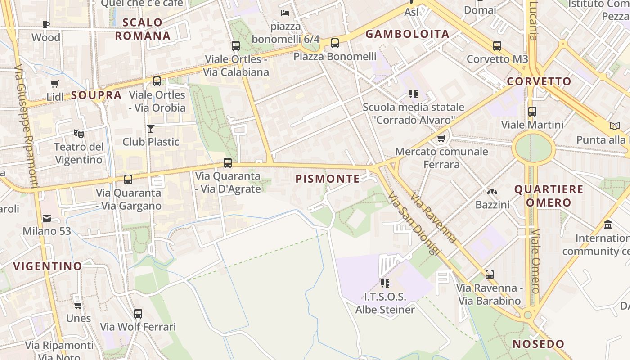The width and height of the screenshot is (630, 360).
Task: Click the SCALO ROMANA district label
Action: pos(143,29)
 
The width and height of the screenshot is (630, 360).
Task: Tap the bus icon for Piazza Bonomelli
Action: pos(334,43)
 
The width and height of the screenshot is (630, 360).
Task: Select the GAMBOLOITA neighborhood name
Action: pos(407,34)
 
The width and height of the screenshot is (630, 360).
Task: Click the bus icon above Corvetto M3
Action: pos(497,46)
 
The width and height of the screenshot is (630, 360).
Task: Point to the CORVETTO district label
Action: pos(539,81)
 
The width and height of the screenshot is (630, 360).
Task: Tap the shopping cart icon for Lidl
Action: pos(55,84)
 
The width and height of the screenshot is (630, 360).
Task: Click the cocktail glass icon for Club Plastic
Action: pos(151,129)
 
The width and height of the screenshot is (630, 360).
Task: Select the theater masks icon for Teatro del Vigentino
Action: pos(79,133)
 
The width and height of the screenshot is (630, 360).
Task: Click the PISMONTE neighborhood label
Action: pos(328,179)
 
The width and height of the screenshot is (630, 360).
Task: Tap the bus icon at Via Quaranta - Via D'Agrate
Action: pos(228,163)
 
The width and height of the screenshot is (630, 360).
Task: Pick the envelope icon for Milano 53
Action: pos(47,219)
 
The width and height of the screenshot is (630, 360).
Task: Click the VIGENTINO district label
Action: pos(47,266)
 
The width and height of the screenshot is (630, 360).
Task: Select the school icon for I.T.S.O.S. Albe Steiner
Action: pos(385,283)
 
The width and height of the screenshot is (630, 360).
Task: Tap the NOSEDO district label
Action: pos(538,344)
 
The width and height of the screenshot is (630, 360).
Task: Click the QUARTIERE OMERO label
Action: pos(549,196)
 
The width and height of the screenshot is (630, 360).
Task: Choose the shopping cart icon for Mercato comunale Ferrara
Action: pos(441,139)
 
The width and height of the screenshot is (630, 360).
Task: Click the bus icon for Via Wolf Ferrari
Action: pos(138,313)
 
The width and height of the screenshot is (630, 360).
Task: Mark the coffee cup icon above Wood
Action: pos(45,24)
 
